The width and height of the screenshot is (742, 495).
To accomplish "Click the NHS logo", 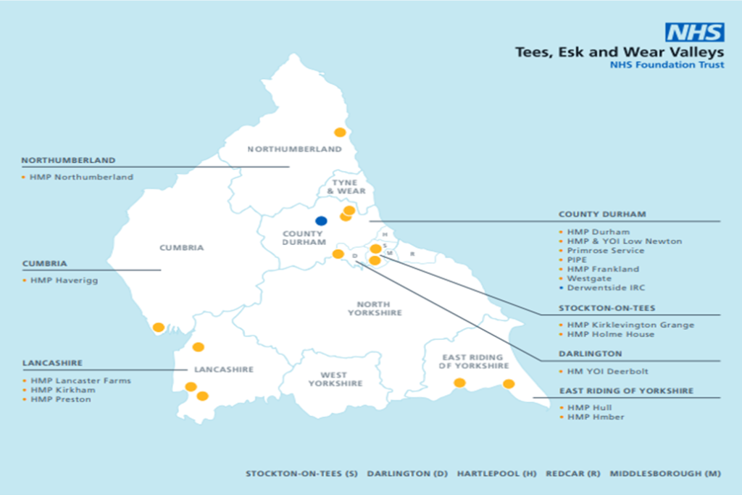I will [694, 33].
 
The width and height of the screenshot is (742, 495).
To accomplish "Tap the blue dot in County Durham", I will [321, 220].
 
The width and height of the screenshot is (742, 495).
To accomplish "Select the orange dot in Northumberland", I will [339, 132].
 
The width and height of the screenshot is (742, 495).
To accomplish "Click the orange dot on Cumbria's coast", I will [159, 328].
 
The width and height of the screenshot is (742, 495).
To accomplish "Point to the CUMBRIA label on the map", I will [182, 248].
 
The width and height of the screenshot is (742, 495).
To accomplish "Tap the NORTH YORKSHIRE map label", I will [375, 308].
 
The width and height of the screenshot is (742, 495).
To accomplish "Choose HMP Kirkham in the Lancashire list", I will [62, 390].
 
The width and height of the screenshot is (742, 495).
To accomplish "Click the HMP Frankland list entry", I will [604, 269].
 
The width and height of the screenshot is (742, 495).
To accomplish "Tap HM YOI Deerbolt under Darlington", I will [608, 371].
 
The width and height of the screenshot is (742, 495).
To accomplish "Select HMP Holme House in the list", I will [610, 334].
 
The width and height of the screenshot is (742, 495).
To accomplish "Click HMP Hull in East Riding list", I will [590, 408].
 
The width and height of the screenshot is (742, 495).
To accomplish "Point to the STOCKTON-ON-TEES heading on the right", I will [606, 308].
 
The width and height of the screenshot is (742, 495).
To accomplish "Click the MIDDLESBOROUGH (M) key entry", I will [665, 474].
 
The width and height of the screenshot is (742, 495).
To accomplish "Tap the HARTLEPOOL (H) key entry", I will [496, 474].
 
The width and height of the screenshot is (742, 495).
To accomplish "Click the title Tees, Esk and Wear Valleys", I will [619, 52].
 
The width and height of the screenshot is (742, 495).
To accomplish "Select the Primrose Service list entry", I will [605, 250].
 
